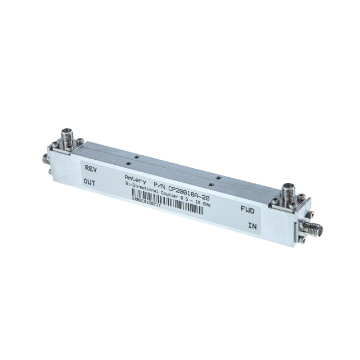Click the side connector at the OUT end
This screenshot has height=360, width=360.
[x=46, y=159]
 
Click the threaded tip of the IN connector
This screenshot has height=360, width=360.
[x=324, y=231]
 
